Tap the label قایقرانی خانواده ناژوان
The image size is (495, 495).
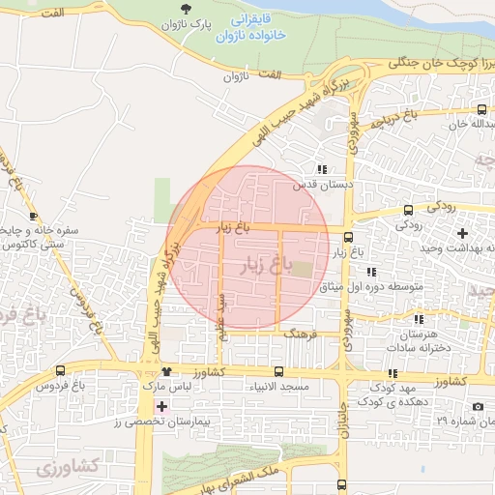(x=255, y=28)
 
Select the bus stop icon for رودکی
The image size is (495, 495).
(x=408, y=209)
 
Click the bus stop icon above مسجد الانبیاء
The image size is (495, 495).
(x=278, y=371)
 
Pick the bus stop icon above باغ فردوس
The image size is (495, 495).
(x=61, y=370)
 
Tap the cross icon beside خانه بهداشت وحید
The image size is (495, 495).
(x=462, y=233)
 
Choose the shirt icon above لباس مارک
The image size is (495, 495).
(x=166, y=371)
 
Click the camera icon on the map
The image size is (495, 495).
(x=478, y=407)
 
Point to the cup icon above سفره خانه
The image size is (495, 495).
(x=35, y=216)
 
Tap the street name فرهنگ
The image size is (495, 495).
(x=295, y=332)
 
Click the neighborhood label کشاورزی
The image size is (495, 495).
(x=68, y=467)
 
